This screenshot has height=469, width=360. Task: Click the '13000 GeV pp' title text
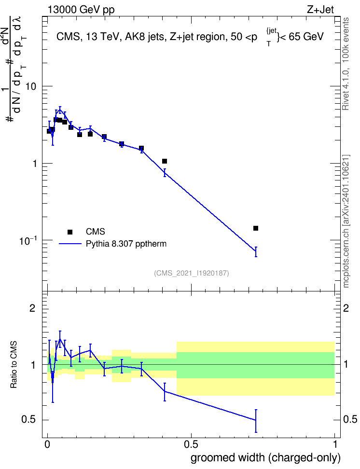[81, 10]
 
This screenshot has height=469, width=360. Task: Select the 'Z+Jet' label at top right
[320, 10]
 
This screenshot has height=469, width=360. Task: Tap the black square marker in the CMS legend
[70, 232]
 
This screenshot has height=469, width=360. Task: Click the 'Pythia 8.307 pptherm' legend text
[126, 244]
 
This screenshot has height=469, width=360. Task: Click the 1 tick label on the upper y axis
[34, 164]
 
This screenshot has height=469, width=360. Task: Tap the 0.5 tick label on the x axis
[191, 444]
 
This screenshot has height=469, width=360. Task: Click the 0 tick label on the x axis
[47, 444]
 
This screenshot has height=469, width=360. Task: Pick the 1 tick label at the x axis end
[334, 444]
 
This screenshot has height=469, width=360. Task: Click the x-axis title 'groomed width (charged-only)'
[265, 457]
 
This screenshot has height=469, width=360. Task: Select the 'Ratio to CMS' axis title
[14, 365]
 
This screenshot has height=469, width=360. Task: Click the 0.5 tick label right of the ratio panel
[350, 419]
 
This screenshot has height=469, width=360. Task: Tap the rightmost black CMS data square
[256, 228]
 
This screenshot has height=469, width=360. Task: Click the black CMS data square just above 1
[164, 161]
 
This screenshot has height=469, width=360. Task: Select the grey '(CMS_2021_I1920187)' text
[192, 273]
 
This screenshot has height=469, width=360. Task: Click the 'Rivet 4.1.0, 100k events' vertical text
[346, 64]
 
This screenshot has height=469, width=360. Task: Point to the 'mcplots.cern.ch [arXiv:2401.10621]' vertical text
[346, 221]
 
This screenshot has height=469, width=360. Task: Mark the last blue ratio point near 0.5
[256, 420]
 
